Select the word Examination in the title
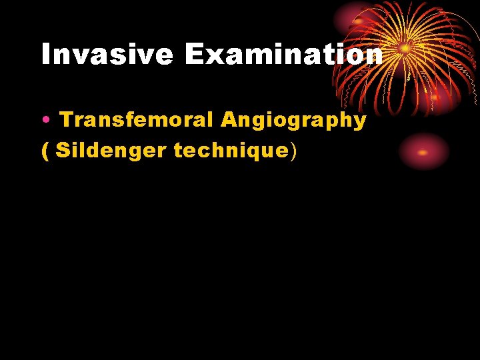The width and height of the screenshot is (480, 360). (284, 55)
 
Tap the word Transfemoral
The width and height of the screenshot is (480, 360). (137, 120)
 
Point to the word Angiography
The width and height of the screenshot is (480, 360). (293, 121)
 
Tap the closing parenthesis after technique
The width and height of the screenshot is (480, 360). (293, 152)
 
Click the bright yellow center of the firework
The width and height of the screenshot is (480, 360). (405, 48)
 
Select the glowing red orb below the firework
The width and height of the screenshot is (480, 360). (423, 152)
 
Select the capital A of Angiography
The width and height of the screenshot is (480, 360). (229, 120)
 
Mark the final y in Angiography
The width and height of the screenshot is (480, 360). (359, 123)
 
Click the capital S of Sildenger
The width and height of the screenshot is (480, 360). (63, 151)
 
